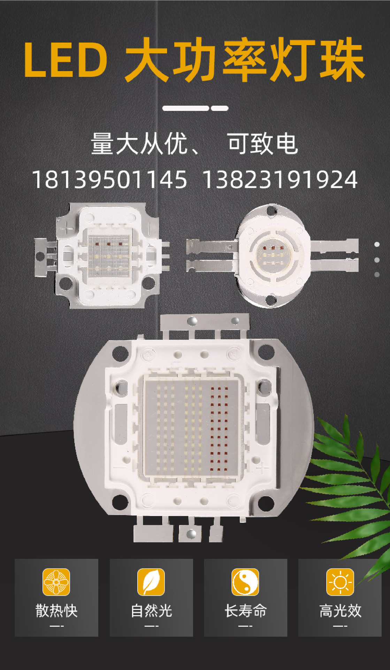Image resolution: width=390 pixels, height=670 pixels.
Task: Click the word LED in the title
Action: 66,60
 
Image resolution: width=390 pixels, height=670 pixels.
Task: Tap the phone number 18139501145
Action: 109,180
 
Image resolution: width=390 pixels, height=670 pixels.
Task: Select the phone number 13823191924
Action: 280,180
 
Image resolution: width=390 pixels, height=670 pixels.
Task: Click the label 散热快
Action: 56,611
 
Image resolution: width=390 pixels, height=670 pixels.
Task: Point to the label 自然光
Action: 151,611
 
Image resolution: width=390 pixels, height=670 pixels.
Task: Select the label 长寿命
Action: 245,611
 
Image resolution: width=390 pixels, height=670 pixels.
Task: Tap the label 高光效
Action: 340,611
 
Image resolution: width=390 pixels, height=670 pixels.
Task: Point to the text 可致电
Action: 263,143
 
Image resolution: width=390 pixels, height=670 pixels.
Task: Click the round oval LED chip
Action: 273,256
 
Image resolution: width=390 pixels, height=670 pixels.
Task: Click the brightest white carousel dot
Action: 377,245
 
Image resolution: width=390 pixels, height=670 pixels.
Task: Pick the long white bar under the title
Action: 186,108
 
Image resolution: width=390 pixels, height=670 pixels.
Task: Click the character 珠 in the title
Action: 342,60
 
